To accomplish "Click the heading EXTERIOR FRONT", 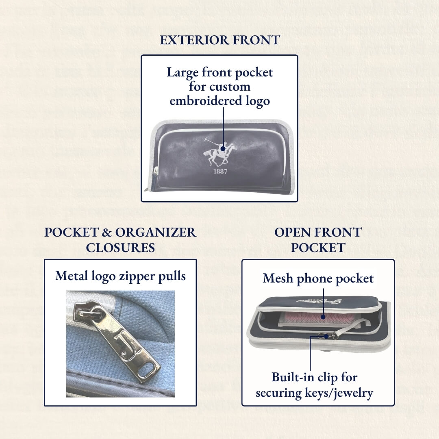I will [219, 40].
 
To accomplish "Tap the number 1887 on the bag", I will [220, 171].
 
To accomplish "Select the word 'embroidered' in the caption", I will [199, 101].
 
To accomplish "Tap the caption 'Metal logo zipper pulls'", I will [120, 276].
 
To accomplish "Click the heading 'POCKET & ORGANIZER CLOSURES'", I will [120, 240].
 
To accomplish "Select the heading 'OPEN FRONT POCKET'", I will [318, 240].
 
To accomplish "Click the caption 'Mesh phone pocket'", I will [318, 278].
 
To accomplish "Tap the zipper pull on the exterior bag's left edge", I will [154, 175].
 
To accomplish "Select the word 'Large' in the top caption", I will [183, 73].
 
